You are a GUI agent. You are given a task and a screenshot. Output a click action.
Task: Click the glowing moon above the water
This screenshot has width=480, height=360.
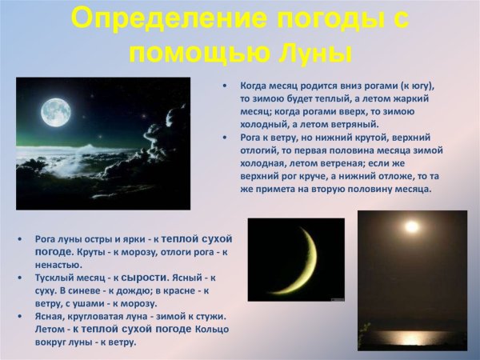point(411,227)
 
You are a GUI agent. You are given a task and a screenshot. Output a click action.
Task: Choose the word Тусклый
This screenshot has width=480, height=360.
point(54,278)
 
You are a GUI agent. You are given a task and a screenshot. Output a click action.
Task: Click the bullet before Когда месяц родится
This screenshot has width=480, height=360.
point(226,86)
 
